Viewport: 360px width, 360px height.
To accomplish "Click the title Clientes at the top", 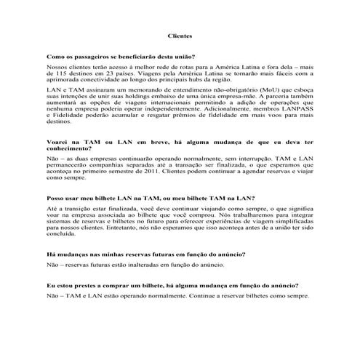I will point(180,36).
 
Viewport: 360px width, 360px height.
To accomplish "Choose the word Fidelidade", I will point(73,116).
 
